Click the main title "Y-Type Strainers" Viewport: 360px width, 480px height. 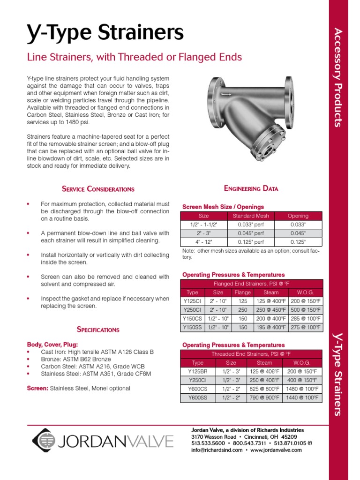105,33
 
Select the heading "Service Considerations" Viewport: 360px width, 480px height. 98,189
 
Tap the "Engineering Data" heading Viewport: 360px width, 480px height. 251,188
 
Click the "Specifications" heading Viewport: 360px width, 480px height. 98,330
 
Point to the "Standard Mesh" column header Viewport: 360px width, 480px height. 251,216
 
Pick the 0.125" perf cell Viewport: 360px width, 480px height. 251,242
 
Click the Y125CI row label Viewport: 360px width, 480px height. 192,301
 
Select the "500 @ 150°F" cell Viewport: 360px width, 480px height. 305,310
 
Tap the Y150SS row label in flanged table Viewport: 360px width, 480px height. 192,328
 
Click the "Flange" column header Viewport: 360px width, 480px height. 242,292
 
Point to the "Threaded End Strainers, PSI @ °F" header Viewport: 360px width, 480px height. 252,354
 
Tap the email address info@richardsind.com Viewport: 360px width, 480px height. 217,450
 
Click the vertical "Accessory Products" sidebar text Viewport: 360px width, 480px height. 338,77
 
